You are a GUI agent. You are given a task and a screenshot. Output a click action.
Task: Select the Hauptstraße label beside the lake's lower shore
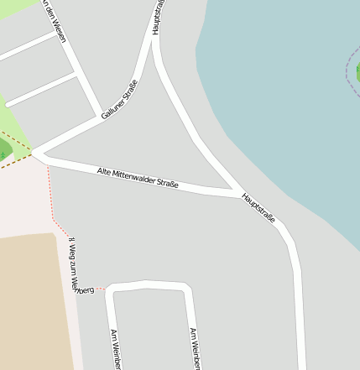(x=258, y=206)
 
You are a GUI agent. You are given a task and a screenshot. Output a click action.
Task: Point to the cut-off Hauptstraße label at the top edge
(x=157, y=17)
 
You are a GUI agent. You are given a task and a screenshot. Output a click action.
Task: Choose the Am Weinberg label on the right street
(x=195, y=349)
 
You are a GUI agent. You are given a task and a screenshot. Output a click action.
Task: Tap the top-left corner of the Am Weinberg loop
(x=109, y=289)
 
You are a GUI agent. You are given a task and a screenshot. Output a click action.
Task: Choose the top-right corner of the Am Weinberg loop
(x=185, y=288)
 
